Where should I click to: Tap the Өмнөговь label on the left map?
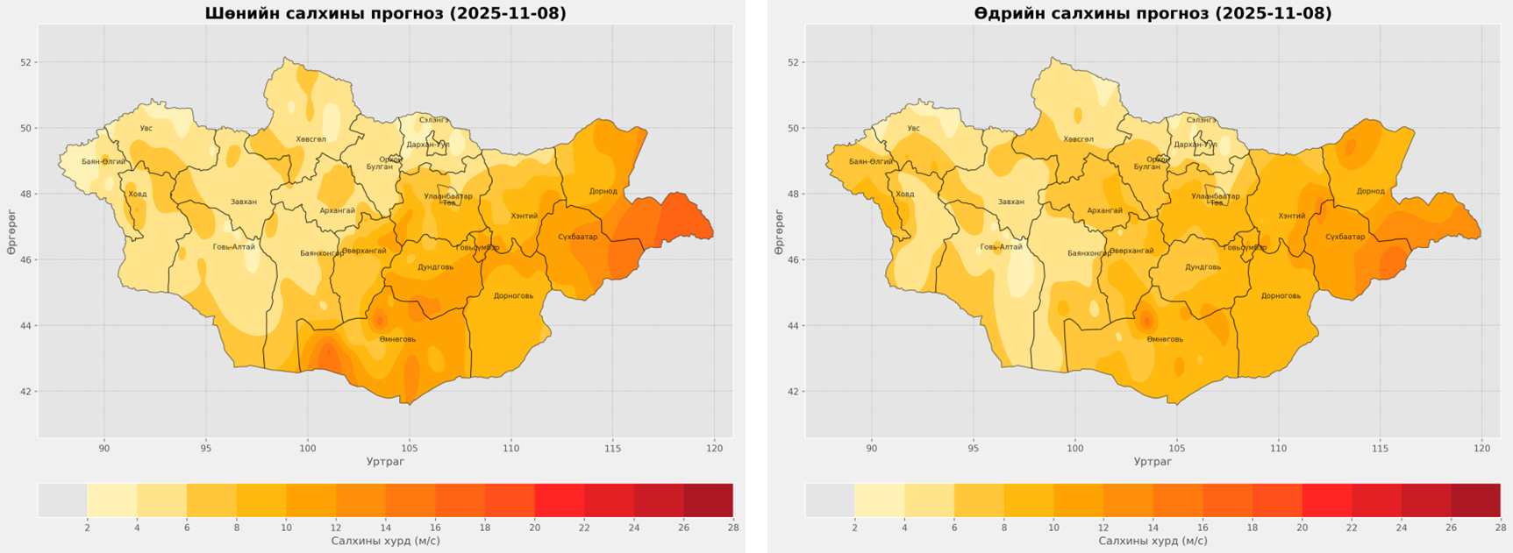pyautogui.click(x=397, y=339)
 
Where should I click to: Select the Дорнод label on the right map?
pyautogui.click(x=1370, y=191)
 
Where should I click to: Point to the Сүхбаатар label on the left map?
pyautogui.click(x=577, y=237)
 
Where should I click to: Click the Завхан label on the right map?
pyautogui.click(x=1010, y=202)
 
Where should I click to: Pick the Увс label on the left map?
pyautogui.click(x=146, y=128)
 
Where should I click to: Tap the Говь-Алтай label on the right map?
pyautogui.click(x=1001, y=247)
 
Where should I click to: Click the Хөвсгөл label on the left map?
pyautogui.click(x=310, y=139)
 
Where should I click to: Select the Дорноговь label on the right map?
pyautogui.click(x=1281, y=295)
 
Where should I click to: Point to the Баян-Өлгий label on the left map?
pyautogui.click(x=103, y=161)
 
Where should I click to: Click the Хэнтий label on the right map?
pyautogui.click(x=1291, y=216)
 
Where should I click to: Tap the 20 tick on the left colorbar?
pyautogui.click(x=534, y=528)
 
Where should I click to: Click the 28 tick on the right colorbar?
pyautogui.click(x=1500, y=528)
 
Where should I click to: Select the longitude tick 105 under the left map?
pyautogui.click(x=409, y=449)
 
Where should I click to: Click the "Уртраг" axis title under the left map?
pyautogui.click(x=385, y=461)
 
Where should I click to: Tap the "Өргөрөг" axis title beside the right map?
pyautogui.click(x=778, y=232)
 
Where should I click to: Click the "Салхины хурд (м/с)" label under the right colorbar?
pyautogui.click(x=1153, y=541)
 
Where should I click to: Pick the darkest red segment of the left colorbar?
pyautogui.click(x=708, y=500)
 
